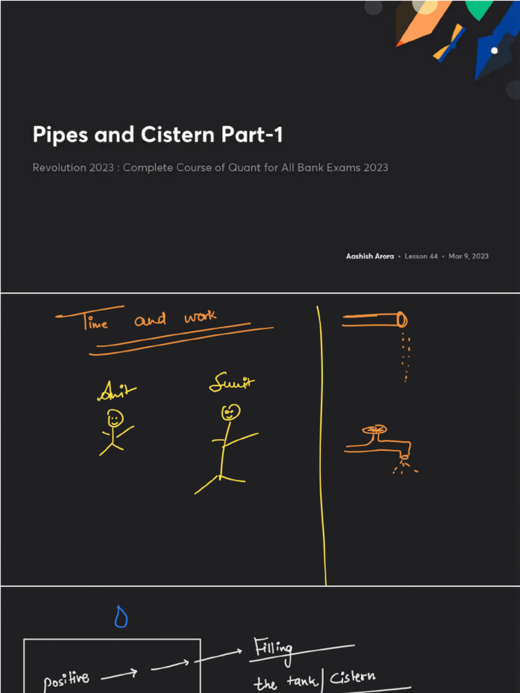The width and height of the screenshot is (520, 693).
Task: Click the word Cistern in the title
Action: point(178,135)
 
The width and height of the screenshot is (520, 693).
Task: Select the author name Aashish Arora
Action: point(370,256)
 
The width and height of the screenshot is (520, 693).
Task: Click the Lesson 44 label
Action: point(420,256)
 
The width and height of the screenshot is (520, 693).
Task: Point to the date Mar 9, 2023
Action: point(468,256)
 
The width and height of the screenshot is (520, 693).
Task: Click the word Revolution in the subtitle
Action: point(59,167)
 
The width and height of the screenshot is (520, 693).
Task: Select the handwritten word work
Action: point(200,316)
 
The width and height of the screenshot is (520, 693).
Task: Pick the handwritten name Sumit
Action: point(232,384)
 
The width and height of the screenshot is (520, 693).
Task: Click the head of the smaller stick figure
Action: point(115,418)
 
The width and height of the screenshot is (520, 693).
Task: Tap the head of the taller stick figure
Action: point(231,411)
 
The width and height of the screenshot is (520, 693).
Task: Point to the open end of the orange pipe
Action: point(401,319)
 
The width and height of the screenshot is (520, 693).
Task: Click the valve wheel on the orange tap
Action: point(373,429)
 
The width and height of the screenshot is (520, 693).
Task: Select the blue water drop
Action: point(121,617)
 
